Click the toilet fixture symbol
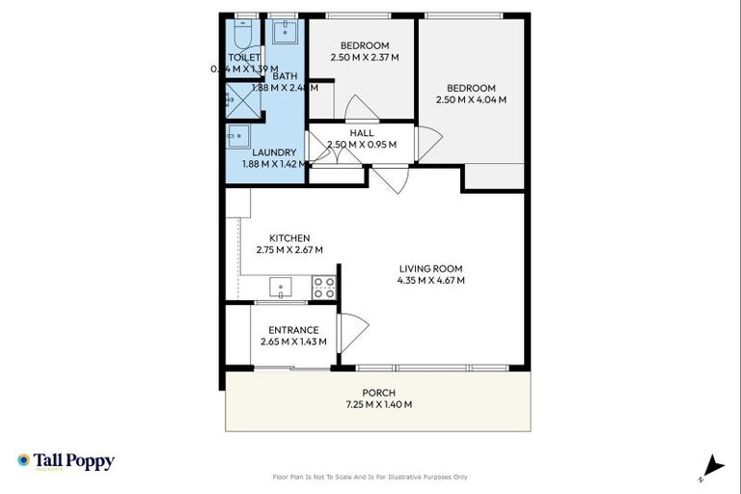[244, 35]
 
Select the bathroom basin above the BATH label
[284, 33]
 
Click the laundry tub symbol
[238, 135]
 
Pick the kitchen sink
[281, 287]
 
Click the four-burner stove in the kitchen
[323, 287]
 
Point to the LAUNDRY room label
[274, 152]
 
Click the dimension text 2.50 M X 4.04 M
[471, 99]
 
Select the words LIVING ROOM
[430, 269]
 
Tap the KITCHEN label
[288, 238]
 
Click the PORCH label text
[378, 393]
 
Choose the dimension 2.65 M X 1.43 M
[293, 342]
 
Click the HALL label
[362, 133]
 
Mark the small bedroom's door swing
[356, 108]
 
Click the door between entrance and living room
[351, 333]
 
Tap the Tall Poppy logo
[66, 461]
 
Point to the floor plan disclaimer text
[370, 477]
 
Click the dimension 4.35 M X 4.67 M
[430, 281]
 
